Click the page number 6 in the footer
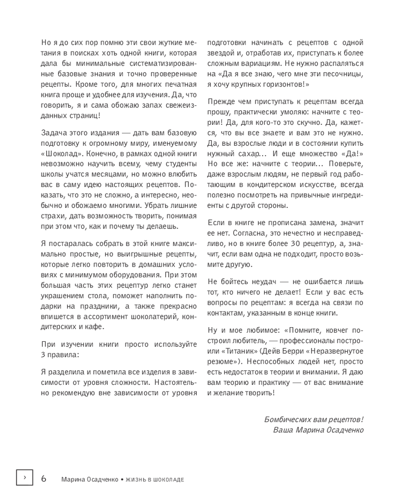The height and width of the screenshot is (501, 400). click(43, 478)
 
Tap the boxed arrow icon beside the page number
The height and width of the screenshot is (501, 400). click(24, 478)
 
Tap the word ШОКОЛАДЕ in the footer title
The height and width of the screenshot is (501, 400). click(168, 479)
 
